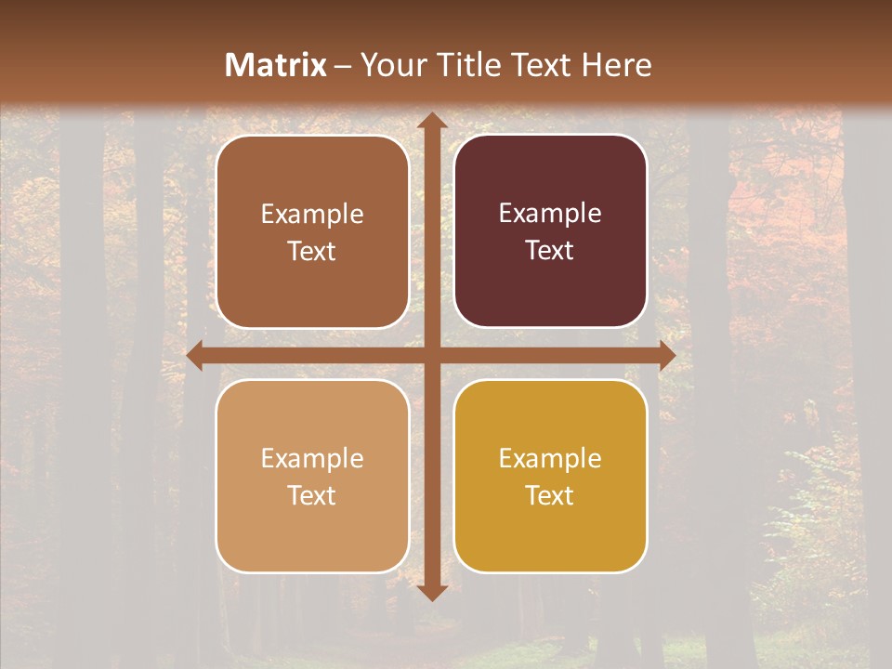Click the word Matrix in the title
(276, 65)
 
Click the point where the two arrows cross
(431, 356)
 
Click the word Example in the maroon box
(550, 214)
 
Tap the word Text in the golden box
(550, 495)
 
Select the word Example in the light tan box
(312, 458)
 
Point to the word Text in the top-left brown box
(312, 251)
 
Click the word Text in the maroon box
(550, 250)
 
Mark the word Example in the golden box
(550, 458)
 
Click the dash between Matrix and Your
(343, 66)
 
